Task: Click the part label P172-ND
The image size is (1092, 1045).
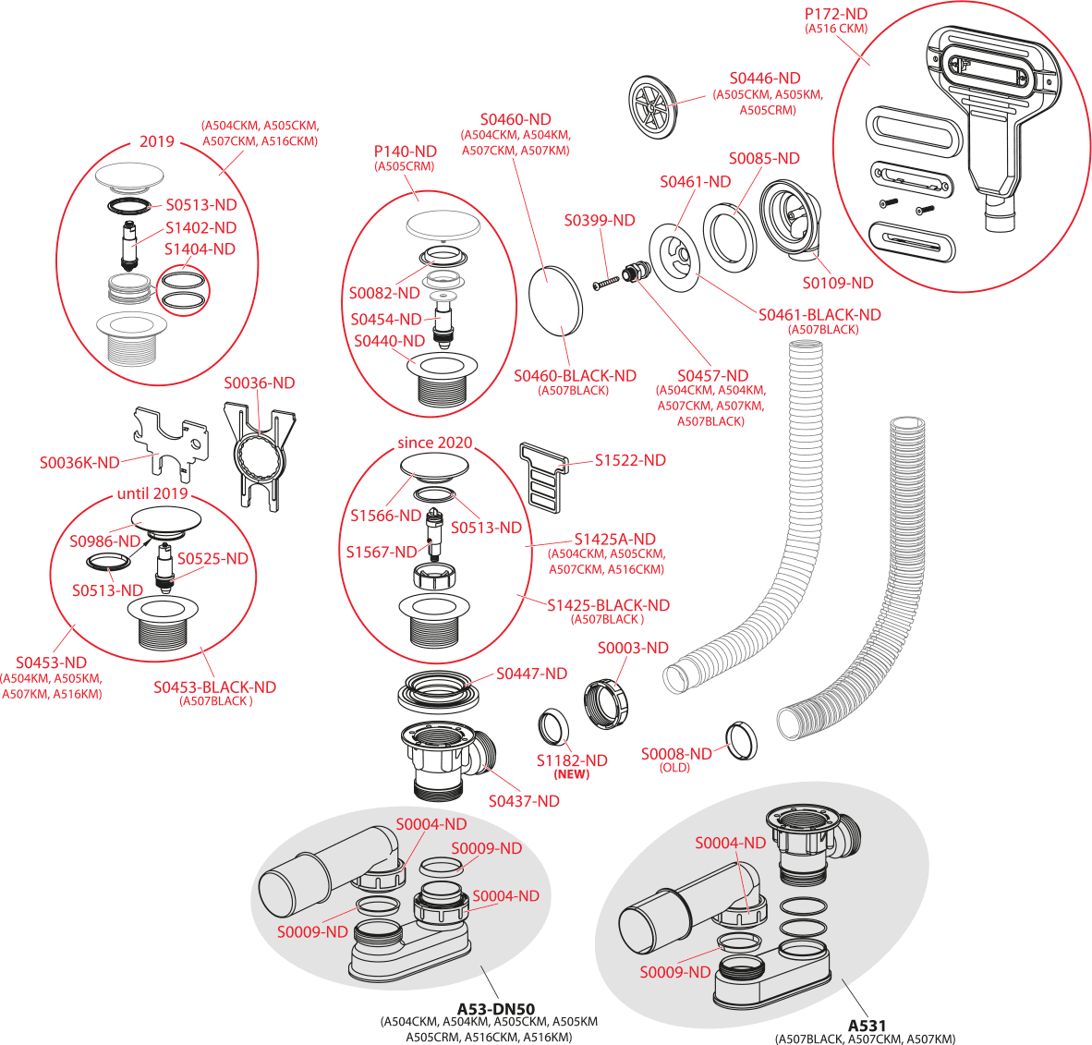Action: point(837,15)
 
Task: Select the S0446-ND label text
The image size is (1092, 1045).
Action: point(765,79)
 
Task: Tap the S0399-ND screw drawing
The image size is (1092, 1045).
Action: point(606,274)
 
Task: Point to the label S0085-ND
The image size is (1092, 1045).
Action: point(764,158)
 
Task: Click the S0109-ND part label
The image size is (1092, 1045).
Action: point(837,283)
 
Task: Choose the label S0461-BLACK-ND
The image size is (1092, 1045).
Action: point(819,314)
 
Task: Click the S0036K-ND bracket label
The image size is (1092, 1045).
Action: point(79,462)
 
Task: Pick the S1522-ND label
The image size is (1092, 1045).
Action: point(631,459)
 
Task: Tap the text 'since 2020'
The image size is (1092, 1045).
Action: point(434,443)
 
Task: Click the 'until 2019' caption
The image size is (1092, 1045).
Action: point(152,493)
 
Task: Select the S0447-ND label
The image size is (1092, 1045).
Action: point(531,674)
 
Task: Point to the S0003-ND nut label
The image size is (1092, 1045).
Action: point(633,648)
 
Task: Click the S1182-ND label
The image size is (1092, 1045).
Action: point(572,760)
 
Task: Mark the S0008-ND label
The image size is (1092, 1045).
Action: point(676,754)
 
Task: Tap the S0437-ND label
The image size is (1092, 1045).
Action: point(524,801)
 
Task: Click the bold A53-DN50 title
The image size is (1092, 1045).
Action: point(497,1008)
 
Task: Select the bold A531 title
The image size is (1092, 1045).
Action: point(867,1027)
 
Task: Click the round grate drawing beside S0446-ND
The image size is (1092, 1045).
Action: point(653,107)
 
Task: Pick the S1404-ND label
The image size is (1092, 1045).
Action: point(200,249)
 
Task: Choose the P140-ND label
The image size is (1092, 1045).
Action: point(406,151)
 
